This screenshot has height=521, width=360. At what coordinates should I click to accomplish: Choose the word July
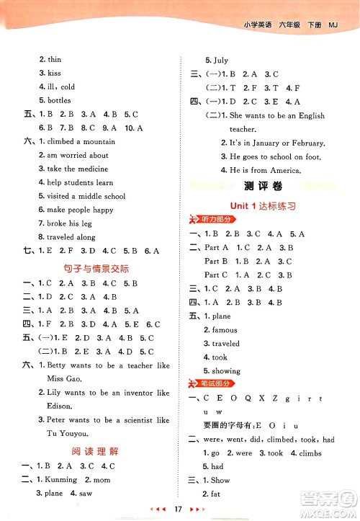click(220, 61)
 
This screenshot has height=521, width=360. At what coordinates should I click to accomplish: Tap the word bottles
click(59, 100)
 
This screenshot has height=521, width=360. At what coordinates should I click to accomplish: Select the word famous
click(225, 329)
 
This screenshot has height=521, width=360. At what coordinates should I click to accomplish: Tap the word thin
click(54, 60)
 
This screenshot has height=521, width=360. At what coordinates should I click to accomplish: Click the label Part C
click(215, 275)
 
